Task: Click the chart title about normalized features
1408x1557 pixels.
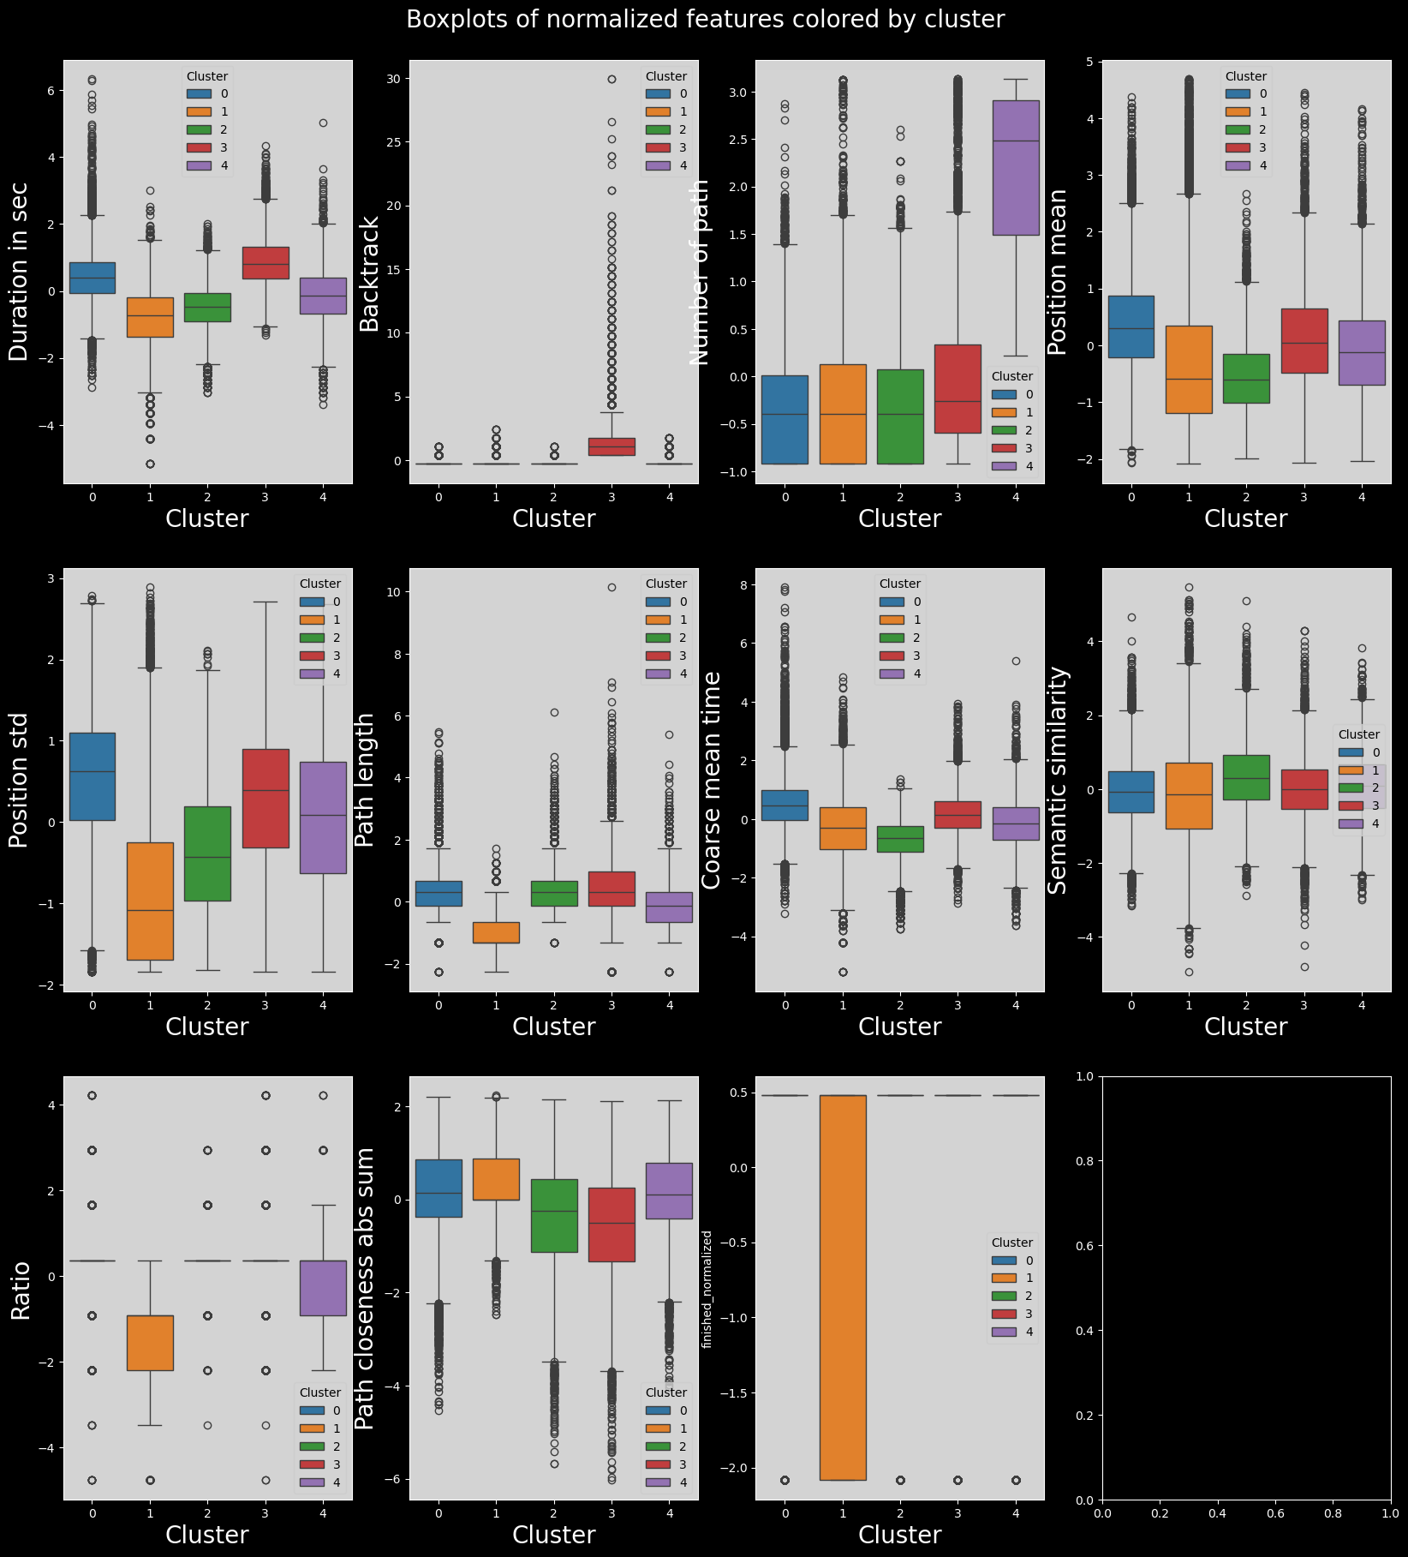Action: pos(704,20)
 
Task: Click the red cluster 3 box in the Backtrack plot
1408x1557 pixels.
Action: pos(612,446)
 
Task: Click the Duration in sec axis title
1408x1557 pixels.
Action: pos(19,271)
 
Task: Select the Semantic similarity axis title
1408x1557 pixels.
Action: pos(1059,779)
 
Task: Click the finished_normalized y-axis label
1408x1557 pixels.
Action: pos(707,1289)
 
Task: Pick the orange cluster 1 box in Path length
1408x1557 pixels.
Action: pos(496,932)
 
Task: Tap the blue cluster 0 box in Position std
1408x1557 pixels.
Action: pos(92,776)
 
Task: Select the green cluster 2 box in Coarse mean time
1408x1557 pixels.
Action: pos(900,839)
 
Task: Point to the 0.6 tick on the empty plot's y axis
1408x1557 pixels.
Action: pos(1085,1245)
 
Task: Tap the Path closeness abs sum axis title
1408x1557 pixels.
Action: pos(365,1289)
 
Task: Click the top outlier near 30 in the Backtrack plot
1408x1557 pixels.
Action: pos(612,79)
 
